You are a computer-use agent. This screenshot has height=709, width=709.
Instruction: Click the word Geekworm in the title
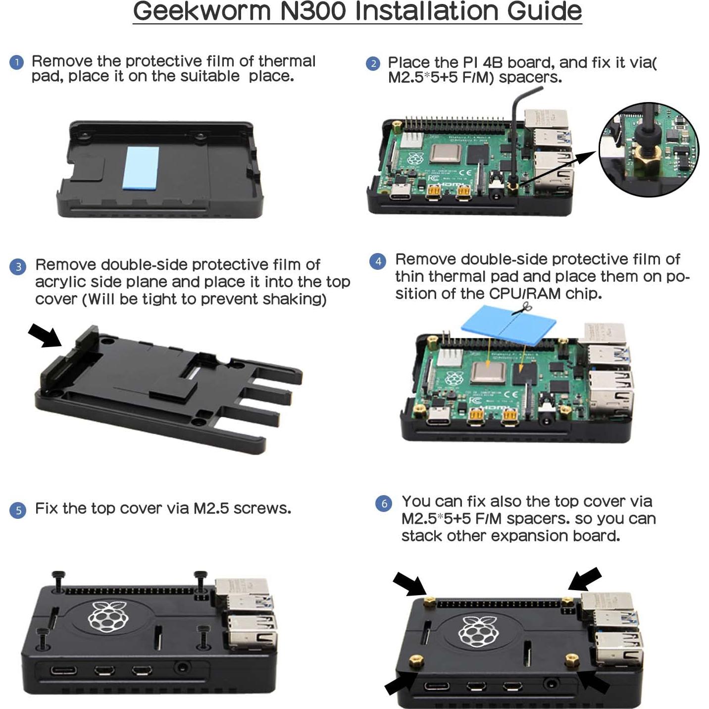(202, 12)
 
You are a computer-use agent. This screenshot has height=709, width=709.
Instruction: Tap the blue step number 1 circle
(17, 62)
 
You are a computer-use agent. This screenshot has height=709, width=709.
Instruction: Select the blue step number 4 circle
(378, 261)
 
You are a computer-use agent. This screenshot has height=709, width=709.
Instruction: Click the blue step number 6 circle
(384, 504)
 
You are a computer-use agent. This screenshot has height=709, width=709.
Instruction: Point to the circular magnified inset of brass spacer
(649, 150)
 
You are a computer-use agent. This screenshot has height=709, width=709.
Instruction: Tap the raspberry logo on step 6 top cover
(478, 631)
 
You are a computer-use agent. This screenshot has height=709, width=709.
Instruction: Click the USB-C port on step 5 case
(64, 670)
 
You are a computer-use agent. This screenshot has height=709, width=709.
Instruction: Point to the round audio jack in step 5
(182, 667)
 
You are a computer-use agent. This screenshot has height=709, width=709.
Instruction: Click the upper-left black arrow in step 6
(409, 584)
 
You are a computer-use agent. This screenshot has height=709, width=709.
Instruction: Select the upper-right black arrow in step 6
(585, 579)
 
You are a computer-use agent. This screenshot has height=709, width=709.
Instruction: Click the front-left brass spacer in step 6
(416, 661)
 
